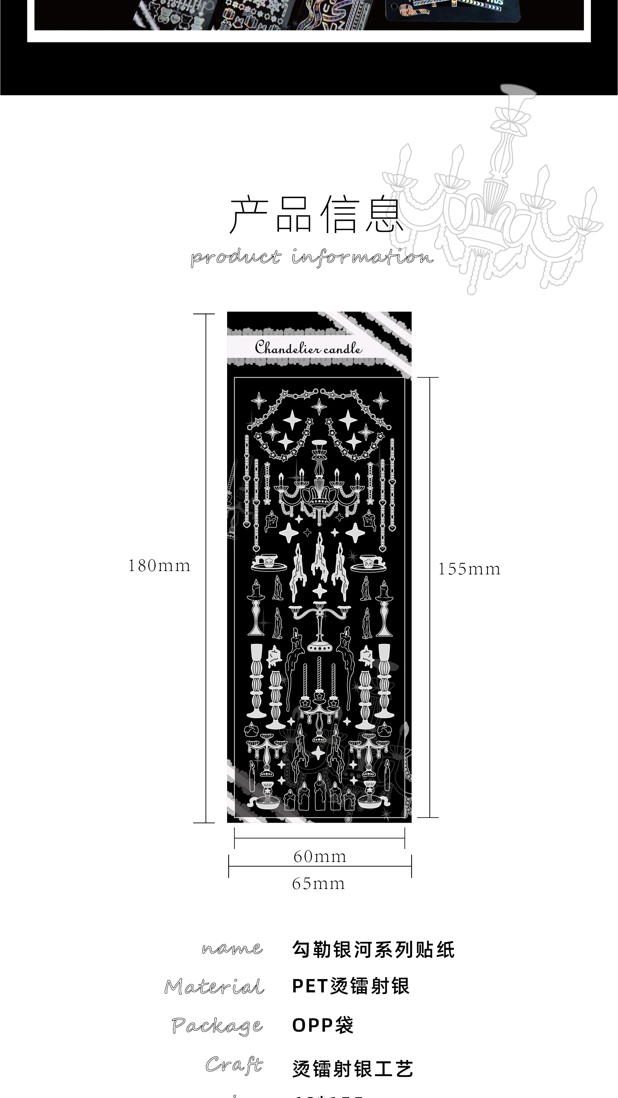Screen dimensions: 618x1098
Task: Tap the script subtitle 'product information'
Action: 312,258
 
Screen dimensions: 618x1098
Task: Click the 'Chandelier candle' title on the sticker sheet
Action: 309,348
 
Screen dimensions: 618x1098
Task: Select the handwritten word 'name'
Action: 232,949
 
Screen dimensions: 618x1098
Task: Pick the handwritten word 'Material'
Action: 215,986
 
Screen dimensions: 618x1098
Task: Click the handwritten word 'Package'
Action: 217,1025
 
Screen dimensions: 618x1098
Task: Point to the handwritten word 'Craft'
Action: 234,1064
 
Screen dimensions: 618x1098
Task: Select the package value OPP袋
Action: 323,1025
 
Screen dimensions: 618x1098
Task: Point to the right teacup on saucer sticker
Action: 368,563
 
